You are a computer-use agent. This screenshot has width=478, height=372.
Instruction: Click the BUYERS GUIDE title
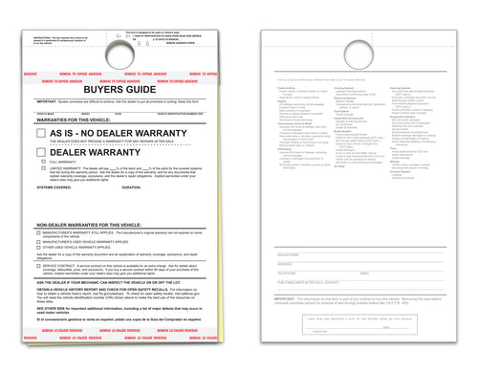(123, 83)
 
